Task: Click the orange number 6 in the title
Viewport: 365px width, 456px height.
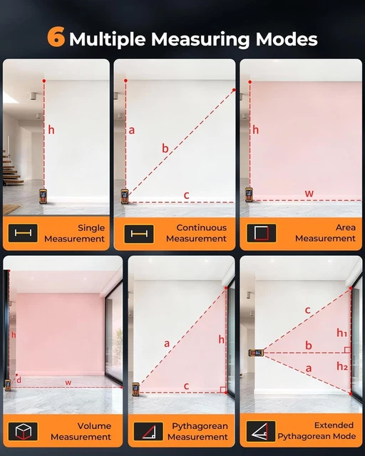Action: pyautogui.click(x=56, y=36)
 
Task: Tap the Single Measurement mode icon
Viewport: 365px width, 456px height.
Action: pyautogui.click(x=23, y=233)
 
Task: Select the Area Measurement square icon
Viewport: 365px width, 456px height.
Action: pyautogui.click(x=262, y=233)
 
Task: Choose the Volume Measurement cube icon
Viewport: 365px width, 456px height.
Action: pyautogui.click(x=23, y=431)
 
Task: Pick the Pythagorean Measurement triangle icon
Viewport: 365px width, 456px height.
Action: pyautogui.click(x=148, y=431)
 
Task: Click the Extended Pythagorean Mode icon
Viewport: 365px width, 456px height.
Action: pyautogui.click(x=261, y=431)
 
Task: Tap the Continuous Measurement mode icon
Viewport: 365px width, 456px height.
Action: pyautogui.click(x=139, y=234)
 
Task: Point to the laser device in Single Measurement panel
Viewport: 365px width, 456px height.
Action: pyautogui.click(x=43, y=196)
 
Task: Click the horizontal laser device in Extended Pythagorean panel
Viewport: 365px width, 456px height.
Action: pyautogui.click(x=256, y=353)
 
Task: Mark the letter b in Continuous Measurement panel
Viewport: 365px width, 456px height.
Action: pyautogui.click(x=165, y=148)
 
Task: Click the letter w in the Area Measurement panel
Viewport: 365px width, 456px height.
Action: pyautogui.click(x=309, y=193)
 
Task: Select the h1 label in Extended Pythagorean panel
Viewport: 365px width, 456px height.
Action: pyautogui.click(x=341, y=333)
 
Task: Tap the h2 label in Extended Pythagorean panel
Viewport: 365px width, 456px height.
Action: pyautogui.click(x=342, y=366)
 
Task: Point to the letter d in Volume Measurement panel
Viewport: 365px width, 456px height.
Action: pyautogui.click(x=19, y=380)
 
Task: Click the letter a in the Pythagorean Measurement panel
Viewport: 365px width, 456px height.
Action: pyautogui.click(x=167, y=343)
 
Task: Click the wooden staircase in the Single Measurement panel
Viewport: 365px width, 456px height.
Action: pyautogui.click(x=12, y=170)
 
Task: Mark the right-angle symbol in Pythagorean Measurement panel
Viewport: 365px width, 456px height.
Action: pyautogui.click(x=223, y=390)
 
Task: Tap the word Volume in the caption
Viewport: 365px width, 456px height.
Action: pyautogui.click(x=94, y=426)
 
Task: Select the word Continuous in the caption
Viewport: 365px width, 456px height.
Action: pyautogui.click(x=202, y=227)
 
